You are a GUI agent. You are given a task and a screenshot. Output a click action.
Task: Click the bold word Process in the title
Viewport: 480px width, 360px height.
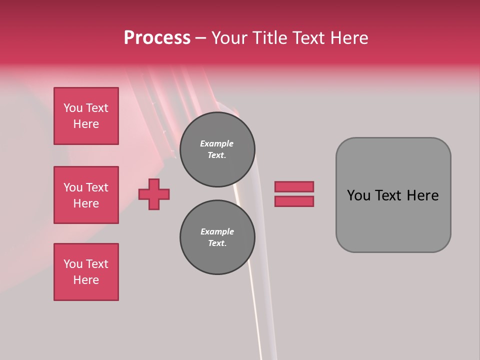click(x=157, y=37)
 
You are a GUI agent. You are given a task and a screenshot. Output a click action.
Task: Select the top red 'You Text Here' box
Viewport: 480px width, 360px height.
click(x=86, y=116)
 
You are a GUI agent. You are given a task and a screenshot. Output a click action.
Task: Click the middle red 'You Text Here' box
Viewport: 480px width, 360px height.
click(x=86, y=195)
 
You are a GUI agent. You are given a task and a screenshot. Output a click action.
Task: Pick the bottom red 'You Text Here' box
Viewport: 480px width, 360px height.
click(x=86, y=272)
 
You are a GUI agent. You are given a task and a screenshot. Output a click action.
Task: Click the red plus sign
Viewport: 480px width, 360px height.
click(x=154, y=194)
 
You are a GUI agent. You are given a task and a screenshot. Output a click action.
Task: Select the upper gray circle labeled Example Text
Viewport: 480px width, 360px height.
click(x=217, y=149)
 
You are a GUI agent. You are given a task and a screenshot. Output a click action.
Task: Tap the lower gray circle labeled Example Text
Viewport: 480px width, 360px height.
click(x=217, y=237)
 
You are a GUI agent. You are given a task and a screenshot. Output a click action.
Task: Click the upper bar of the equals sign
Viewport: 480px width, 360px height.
click(x=294, y=186)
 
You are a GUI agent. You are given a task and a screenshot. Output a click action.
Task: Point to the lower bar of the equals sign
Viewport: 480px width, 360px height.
click(x=294, y=201)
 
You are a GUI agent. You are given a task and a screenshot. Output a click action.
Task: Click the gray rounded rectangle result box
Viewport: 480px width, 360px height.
click(x=393, y=220)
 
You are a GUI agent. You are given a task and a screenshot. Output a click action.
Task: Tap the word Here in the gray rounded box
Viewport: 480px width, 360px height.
click(x=422, y=195)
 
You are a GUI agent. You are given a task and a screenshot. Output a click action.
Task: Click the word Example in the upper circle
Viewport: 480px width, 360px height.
click(x=217, y=143)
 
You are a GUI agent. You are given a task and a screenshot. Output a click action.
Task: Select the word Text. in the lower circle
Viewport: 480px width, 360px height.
click(x=217, y=243)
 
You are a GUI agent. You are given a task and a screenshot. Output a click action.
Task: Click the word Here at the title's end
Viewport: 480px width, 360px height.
click(x=349, y=37)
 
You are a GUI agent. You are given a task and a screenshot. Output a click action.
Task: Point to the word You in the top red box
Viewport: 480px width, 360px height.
click(x=73, y=108)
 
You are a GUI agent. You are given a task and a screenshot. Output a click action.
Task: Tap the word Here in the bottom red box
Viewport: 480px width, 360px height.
click(x=86, y=280)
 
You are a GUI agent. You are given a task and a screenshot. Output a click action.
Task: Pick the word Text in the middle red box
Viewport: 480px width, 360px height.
click(x=97, y=187)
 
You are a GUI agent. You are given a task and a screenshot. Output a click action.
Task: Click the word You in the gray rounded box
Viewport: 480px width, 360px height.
click(x=358, y=195)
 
